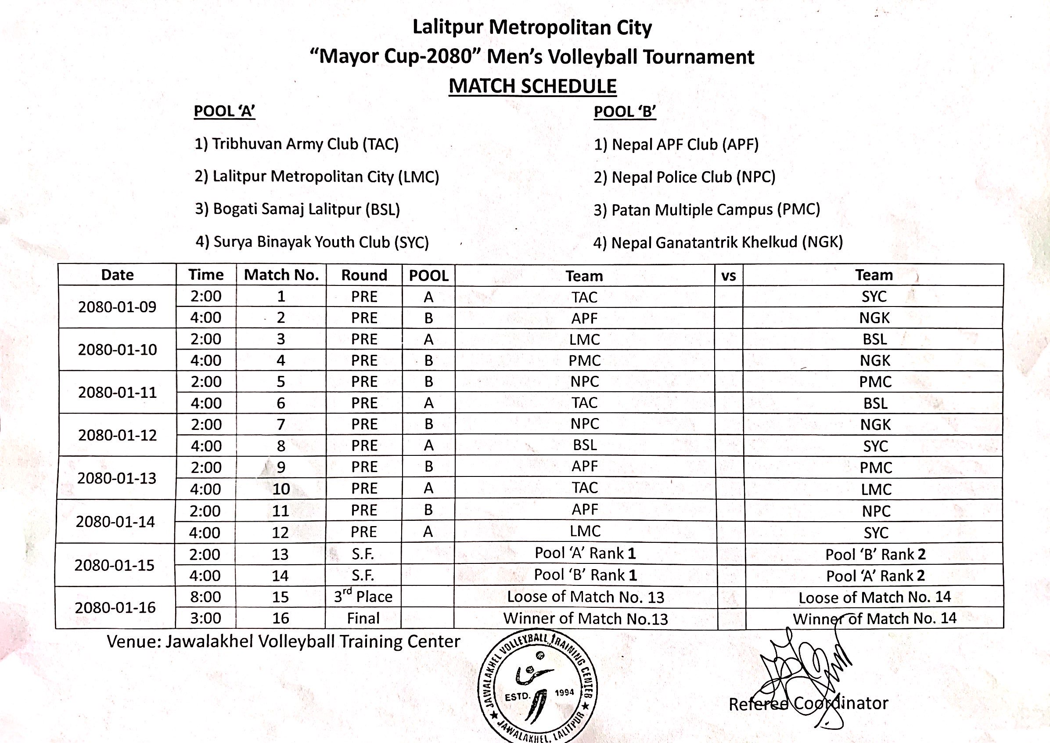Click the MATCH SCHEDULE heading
click(532, 87)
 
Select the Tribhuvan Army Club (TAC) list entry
click(296, 144)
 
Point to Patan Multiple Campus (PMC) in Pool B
click(707, 209)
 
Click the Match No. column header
click(281, 275)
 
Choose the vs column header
click(728, 276)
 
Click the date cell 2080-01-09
click(117, 307)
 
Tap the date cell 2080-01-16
click(115, 608)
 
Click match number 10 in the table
click(281, 489)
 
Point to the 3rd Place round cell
click(363, 597)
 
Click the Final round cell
click(363, 619)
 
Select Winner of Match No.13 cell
click(586, 619)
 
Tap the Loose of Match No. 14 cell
click(874, 597)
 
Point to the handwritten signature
click(805, 668)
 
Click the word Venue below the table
click(133, 642)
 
